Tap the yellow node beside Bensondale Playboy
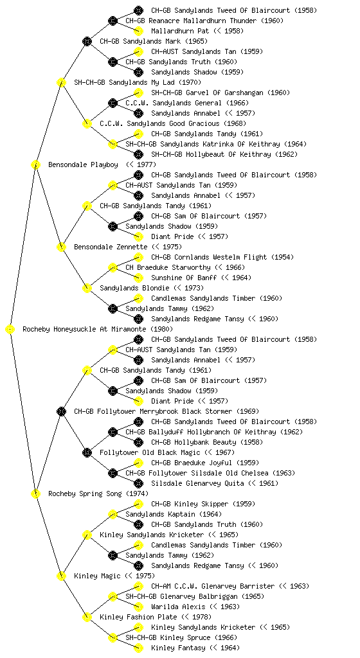click(35, 164)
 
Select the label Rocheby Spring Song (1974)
click(98, 494)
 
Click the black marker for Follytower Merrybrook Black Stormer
click(61, 411)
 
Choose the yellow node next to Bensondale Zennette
click(61, 247)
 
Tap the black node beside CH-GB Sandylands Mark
click(87, 41)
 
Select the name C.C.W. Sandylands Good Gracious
click(159, 124)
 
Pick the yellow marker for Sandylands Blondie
click(87, 288)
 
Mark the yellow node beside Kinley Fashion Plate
click(87, 617)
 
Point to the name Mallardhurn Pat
click(180, 31)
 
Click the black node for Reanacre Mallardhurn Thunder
click(113, 21)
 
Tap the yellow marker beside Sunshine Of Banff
click(138, 278)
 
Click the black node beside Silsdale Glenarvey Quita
click(138, 483)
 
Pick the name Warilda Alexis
click(178, 607)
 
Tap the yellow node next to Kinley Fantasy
click(138, 648)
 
